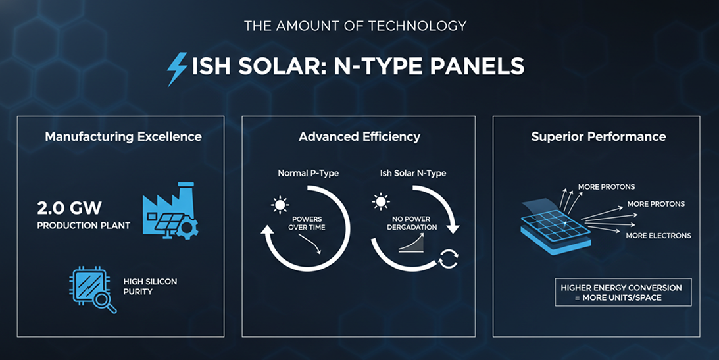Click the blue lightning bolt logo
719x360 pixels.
[177, 69]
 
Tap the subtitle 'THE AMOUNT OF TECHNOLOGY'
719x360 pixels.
[355, 26]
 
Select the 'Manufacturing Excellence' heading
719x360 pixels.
[124, 137]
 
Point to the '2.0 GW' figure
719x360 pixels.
[69, 209]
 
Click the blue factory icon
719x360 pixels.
[170, 211]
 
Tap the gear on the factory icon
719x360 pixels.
[187, 228]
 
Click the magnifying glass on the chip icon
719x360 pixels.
[107, 302]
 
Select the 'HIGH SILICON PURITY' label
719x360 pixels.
[150, 287]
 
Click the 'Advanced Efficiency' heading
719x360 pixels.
[359, 137]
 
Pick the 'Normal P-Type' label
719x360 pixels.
[308, 173]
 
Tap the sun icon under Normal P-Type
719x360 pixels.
[280, 205]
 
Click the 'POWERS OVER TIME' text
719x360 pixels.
[307, 223]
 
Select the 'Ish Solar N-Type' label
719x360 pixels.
[413, 173]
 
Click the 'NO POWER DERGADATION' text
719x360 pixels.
[412, 223]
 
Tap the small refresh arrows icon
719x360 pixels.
[448, 259]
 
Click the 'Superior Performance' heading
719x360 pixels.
[599, 137]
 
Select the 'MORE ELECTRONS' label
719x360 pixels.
[658, 236]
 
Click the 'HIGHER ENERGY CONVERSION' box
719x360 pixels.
[623, 292]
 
